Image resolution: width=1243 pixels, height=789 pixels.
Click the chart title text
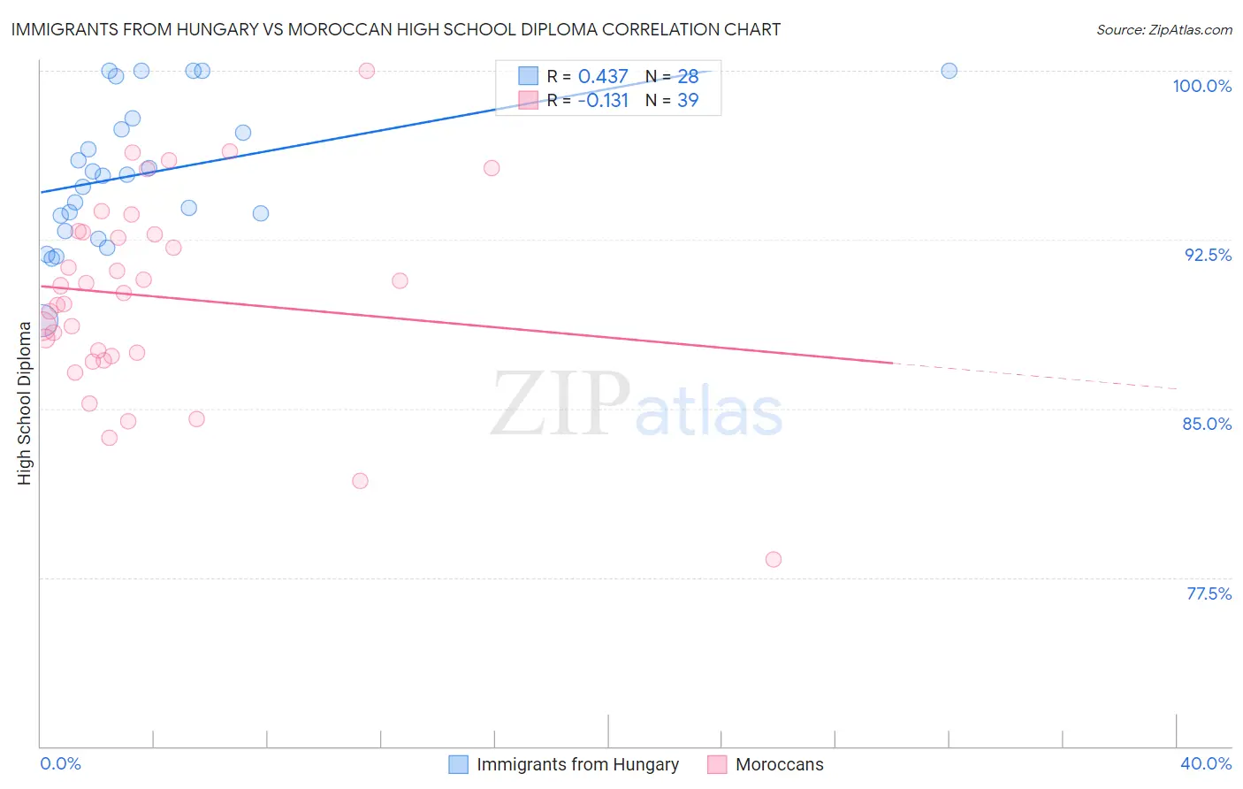[x=395, y=29]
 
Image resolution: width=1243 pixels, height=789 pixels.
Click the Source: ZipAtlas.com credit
[x=1163, y=29]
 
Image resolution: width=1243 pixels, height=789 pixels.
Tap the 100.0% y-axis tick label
[x=1201, y=86]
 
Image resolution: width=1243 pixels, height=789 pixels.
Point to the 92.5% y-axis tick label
[x=1208, y=255]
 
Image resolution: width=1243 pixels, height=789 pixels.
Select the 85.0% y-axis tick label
[x=1207, y=424]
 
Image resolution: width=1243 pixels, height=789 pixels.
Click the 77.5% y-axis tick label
[x=1209, y=594]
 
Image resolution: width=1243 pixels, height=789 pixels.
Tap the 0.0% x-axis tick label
[x=60, y=763]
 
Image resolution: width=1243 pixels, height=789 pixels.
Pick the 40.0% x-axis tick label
[x=1205, y=763]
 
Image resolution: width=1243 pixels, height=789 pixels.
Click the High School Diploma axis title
[x=25, y=402]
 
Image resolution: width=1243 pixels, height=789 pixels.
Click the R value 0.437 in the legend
[x=603, y=77]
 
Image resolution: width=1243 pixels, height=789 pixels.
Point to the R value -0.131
[x=603, y=101]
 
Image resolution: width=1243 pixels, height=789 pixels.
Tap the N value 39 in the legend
[x=688, y=101]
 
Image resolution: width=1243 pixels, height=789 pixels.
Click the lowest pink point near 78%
[x=774, y=559]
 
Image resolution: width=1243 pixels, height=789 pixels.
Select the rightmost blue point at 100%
[x=949, y=71]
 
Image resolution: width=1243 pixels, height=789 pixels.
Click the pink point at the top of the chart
[x=367, y=71]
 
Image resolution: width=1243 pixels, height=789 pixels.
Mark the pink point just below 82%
[x=360, y=481]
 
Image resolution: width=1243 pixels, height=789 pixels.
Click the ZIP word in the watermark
[x=560, y=405]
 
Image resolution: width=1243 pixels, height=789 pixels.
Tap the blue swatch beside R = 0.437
[x=528, y=76]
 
